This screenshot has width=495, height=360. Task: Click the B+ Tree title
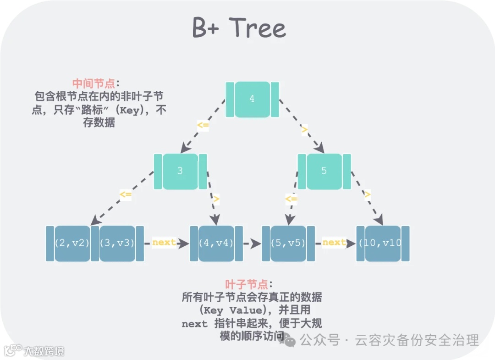[239, 28]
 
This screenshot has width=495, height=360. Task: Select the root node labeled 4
[252, 99]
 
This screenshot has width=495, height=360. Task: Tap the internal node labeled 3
[180, 171]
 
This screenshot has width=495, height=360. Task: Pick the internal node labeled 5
[324, 171]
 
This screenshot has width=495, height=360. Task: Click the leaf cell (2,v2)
[72, 244]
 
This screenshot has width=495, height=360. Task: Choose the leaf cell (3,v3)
[117, 244]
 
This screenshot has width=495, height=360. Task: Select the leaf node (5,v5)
[288, 244]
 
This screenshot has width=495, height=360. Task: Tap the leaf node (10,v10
[383, 244]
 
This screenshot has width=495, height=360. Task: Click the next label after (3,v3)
[164, 243]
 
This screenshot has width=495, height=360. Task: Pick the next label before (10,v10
[334, 243]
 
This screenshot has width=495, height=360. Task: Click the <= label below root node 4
[203, 125]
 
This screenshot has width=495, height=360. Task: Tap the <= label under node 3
[126, 194]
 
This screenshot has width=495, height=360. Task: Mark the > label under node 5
[367, 194]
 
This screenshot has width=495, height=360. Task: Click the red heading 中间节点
[94, 84]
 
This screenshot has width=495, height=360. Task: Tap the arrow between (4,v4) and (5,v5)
[252, 244]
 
